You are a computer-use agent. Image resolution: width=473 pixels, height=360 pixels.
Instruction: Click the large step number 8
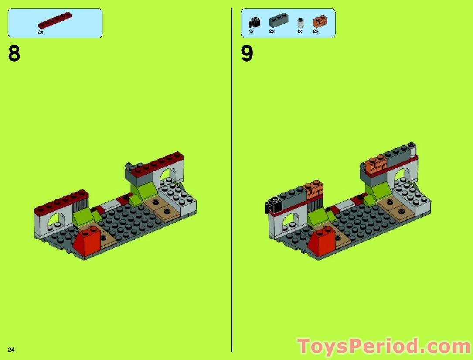[x=14, y=54]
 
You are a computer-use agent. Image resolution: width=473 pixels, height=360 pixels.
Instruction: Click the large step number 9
[x=247, y=54]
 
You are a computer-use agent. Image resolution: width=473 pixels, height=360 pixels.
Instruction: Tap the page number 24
[x=11, y=350]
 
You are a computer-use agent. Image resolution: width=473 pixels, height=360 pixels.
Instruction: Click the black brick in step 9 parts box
[x=254, y=22]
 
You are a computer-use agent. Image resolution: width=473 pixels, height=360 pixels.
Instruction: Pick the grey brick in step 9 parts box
[x=277, y=21]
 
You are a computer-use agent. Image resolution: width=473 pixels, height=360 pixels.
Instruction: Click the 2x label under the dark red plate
[x=41, y=32]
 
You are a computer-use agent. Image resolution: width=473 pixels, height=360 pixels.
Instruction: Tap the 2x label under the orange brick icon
[x=316, y=31]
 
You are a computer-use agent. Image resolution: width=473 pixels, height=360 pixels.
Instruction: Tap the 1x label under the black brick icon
[x=251, y=31]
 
